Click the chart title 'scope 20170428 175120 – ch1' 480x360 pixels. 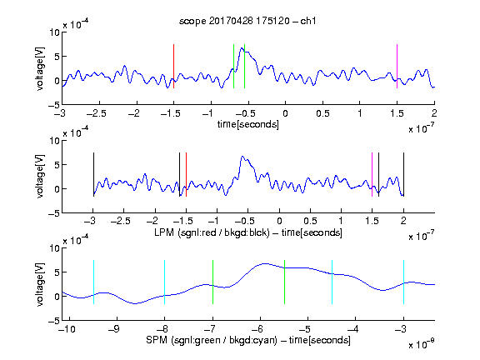click(247, 21)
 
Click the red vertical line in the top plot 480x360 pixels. click(173, 66)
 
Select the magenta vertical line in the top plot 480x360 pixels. click(397, 66)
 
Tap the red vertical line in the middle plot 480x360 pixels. click(186, 174)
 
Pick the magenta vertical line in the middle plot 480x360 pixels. click(372, 174)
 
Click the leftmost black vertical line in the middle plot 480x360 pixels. click(93, 174)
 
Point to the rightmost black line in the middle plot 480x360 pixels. click(403, 174)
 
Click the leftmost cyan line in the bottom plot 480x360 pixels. click(93, 282)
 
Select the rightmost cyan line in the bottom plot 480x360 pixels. click(403, 282)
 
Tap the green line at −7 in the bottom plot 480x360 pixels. click(212, 282)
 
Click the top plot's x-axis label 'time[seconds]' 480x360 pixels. click(248, 124)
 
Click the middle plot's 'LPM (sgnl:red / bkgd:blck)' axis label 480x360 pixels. click(212, 232)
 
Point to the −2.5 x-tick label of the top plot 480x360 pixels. click(97, 113)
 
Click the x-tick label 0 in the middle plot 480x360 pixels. click(279, 221)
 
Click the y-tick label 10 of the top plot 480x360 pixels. click(54, 32)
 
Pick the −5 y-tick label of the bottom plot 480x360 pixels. click(53, 321)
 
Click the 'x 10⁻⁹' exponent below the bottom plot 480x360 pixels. click(421, 343)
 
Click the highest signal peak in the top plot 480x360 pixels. click(242, 48)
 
